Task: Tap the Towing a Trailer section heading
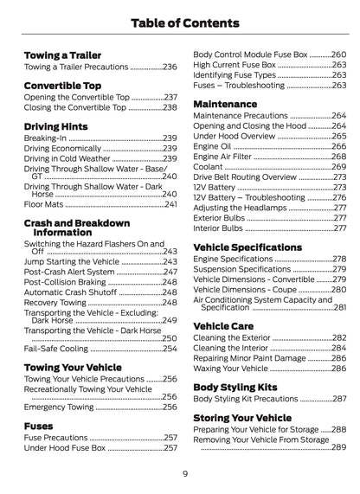pos(62,55)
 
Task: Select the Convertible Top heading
pos(62,86)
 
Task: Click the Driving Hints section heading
pos(58,126)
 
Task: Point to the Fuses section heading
pos(38,426)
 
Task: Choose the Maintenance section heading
pos(225,104)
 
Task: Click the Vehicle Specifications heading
pos(247,247)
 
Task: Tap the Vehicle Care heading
pos(222,325)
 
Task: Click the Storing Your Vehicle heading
pos(242,418)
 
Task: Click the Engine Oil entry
pos(213,146)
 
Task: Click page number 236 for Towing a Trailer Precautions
pos(170,67)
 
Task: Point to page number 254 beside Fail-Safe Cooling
pos(170,349)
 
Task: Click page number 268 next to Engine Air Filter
pos(339,157)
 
